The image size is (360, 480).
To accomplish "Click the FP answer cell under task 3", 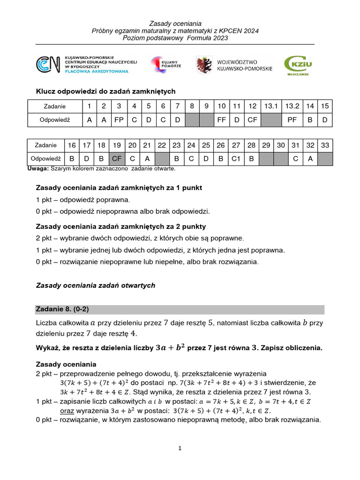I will (119, 120).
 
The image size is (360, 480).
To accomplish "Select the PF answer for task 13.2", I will (292, 120).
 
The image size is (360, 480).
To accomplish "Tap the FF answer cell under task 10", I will (222, 120).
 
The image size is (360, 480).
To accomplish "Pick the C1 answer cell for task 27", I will (236, 159).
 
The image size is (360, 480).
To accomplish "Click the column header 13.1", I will (271, 106).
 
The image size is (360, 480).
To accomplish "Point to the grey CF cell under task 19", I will (117, 159).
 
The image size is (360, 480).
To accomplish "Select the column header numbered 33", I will (325, 145).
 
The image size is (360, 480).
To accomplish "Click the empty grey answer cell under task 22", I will (162, 159).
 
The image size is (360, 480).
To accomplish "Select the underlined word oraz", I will (67, 411).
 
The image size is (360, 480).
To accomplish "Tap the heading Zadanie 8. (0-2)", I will (62, 309).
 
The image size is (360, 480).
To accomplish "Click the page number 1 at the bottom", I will (180, 449).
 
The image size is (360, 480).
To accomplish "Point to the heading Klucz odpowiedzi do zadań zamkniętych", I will (105, 91).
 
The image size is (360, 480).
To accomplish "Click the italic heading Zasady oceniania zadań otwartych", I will (95, 285).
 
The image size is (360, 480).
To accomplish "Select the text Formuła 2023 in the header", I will (206, 38).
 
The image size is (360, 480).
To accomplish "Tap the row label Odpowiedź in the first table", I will (55, 120).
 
